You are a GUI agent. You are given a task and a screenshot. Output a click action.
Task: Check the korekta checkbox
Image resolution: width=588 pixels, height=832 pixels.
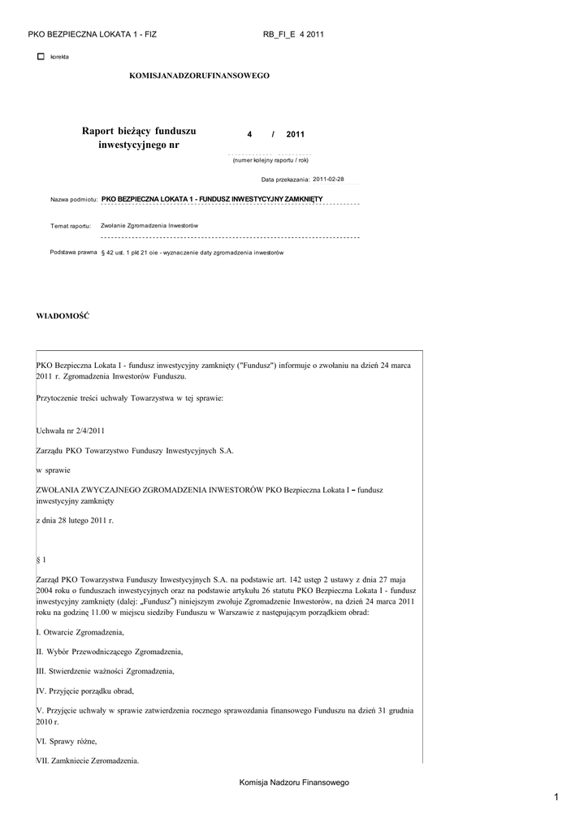(x=41, y=57)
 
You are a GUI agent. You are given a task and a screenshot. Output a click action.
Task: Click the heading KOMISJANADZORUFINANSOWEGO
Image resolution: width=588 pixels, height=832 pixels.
(x=199, y=76)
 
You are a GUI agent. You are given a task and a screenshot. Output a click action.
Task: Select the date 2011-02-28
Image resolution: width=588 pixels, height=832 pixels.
(x=328, y=179)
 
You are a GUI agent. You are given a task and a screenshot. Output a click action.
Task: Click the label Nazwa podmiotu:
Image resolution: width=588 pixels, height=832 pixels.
(x=74, y=199)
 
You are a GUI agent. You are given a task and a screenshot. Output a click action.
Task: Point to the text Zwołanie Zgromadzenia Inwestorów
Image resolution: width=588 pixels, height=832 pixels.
(x=150, y=225)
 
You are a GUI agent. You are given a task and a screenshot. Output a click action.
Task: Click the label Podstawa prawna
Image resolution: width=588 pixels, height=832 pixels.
(x=73, y=253)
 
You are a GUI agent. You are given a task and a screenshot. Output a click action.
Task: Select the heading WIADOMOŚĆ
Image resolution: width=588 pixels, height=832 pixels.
(x=63, y=314)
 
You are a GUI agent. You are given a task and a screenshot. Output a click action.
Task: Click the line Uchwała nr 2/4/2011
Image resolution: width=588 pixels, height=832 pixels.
(x=71, y=430)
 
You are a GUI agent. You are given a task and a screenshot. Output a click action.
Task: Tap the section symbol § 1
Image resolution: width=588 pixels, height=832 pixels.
(x=42, y=560)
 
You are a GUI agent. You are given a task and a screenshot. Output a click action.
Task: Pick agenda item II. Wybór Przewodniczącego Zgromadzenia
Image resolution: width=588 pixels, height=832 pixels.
(x=110, y=652)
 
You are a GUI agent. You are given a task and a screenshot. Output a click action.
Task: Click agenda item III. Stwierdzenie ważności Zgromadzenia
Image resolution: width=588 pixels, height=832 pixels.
(x=106, y=672)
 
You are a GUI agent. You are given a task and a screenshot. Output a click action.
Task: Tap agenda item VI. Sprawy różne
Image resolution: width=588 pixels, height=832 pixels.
(x=67, y=741)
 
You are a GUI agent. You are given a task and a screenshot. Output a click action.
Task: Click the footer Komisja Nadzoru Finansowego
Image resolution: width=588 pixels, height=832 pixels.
(x=294, y=782)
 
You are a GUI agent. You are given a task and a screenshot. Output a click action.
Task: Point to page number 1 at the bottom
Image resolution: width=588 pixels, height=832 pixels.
(x=556, y=800)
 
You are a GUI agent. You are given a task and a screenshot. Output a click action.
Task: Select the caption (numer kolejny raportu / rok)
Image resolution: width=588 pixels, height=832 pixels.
(x=270, y=160)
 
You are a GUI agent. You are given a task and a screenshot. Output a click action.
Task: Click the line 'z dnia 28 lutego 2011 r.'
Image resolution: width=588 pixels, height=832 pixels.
(x=76, y=520)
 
